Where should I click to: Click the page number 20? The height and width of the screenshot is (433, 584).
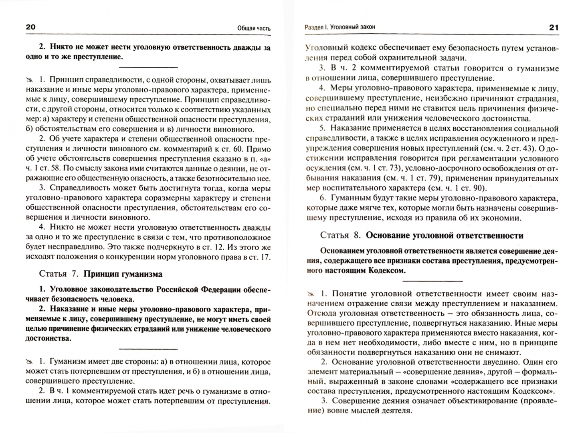point(30,27)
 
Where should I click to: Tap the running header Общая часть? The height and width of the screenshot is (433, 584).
point(254,28)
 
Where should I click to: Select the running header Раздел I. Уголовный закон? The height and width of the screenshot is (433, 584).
point(340,27)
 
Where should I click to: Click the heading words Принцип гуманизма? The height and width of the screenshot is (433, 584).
point(123,274)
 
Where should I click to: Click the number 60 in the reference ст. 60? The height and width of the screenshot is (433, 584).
point(245,149)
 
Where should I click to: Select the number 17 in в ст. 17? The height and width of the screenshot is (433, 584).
point(265,257)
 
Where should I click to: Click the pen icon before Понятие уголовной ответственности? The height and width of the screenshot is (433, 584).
point(311,293)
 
